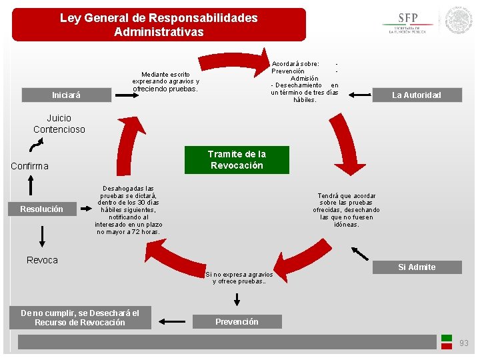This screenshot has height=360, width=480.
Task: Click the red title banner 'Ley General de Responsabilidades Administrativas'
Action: [x=159, y=25]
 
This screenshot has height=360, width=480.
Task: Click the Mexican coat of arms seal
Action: [x=459, y=20]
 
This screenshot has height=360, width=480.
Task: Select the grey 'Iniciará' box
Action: [x=66, y=95]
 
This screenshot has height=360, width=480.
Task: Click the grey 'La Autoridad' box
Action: [x=416, y=95]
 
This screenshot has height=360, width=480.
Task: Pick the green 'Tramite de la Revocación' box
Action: [x=237, y=160]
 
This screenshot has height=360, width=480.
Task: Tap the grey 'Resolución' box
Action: [x=41, y=209]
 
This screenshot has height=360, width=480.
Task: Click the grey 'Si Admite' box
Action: [x=417, y=267]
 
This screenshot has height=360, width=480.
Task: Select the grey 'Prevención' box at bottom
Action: [x=237, y=322]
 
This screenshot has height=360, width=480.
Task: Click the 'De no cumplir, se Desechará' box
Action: [x=80, y=318]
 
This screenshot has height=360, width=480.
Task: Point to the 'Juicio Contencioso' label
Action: [x=59, y=124]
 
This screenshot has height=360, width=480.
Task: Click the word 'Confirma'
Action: [x=29, y=166]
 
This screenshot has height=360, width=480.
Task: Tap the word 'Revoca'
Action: [x=42, y=260]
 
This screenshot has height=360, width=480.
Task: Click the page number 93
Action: [x=464, y=343]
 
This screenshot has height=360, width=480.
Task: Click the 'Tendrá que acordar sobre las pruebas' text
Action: [x=347, y=210]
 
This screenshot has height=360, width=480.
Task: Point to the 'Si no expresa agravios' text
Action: [x=239, y=277]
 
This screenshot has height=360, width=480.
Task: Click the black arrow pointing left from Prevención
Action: [x=174, y=319]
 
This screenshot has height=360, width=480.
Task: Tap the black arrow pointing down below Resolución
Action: [x=42, y=236]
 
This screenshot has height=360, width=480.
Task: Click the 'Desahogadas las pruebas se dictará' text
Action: [x=128, y=210]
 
